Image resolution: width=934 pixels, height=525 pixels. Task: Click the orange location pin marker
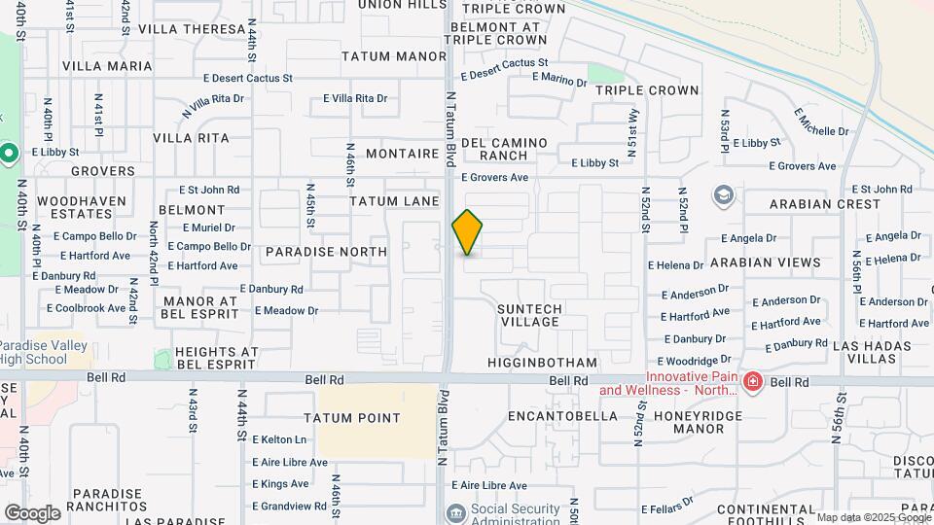point(467,231)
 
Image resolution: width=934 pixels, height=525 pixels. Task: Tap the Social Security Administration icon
point(454,513)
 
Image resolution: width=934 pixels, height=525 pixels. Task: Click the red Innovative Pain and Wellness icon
point(751,383)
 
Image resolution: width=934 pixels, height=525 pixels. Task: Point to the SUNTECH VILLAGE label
point(530,315)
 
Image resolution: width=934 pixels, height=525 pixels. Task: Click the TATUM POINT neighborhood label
point(351,418)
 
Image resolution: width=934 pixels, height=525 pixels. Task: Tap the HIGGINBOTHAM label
point(542,363)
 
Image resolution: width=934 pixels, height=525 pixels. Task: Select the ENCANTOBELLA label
point(563,416)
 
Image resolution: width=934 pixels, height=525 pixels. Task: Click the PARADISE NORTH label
point(326,252)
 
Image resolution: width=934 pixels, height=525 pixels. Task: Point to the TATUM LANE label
point(387,201)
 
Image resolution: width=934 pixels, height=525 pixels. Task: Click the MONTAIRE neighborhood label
point(403,155)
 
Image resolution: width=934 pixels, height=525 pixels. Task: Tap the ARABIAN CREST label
point(824,205)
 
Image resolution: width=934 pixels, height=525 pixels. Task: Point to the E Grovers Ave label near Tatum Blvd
point(494,178)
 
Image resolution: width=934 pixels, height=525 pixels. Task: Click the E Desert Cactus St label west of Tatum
point(248,78)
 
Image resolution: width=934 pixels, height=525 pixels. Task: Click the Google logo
point(32,512)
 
